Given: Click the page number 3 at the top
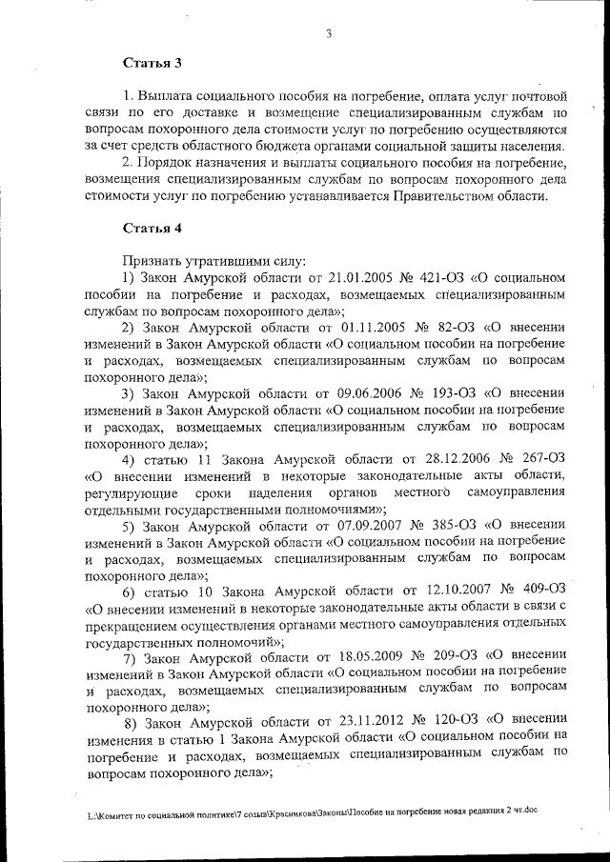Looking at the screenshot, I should click(327, 35).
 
